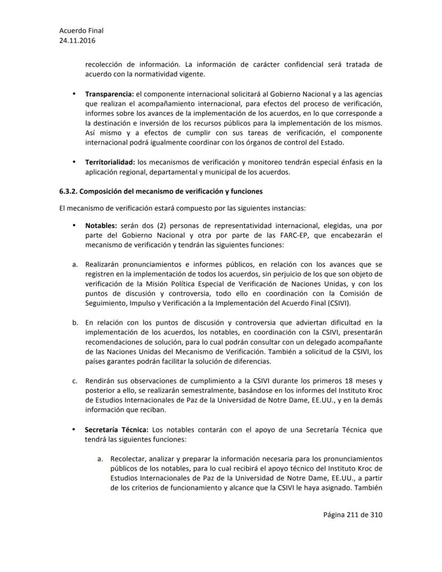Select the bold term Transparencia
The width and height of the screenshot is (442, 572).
tap(109, 94)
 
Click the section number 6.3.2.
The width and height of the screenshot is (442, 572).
tap(68, 191)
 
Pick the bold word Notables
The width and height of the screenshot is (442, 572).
tap(101, 225)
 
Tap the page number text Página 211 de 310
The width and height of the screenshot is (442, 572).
tap(353, 515)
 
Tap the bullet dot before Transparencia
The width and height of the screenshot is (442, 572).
tap(74, 94)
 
